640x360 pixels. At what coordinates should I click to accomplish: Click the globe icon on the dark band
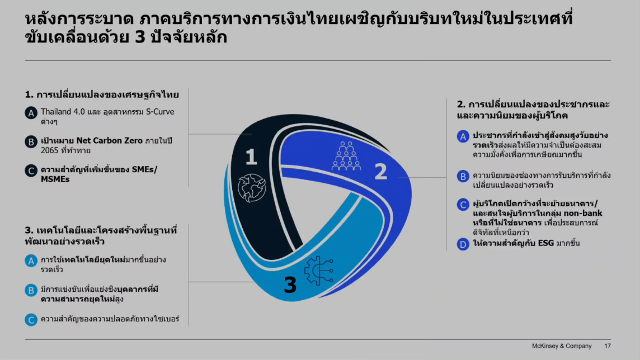(x=252, y=188)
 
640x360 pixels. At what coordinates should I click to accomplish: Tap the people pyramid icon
(x=346, y=156)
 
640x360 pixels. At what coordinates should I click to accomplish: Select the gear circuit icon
(x=319, y=271)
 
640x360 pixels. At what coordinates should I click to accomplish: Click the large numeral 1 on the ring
(x=251, y=157)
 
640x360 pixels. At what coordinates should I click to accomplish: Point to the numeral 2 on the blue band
(x=381, y=172)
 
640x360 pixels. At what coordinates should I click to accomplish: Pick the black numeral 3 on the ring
(x=290, y=285)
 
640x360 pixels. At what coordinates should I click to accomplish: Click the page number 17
(x=608, y=345)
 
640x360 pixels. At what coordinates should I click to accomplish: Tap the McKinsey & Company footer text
(x=562, y=345)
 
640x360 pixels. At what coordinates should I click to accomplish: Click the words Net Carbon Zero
(x=110, y=141)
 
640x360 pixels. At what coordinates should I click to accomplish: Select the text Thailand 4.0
(x=63, y=112)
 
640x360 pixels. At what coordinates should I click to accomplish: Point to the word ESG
(x=545, y=243)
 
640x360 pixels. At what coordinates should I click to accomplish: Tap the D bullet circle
(x=463, y=244)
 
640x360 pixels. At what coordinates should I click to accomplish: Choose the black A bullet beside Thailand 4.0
(x=31, y=113)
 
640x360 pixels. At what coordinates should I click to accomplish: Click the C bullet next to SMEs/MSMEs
(x=31, y=171)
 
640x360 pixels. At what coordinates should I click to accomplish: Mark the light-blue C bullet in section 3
(x=31, y=320)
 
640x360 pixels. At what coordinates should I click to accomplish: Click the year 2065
(x=50, y=150)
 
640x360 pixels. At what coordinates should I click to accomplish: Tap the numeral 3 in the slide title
(x=140, y=37)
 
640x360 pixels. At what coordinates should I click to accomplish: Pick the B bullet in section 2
(x=463, y=177)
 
